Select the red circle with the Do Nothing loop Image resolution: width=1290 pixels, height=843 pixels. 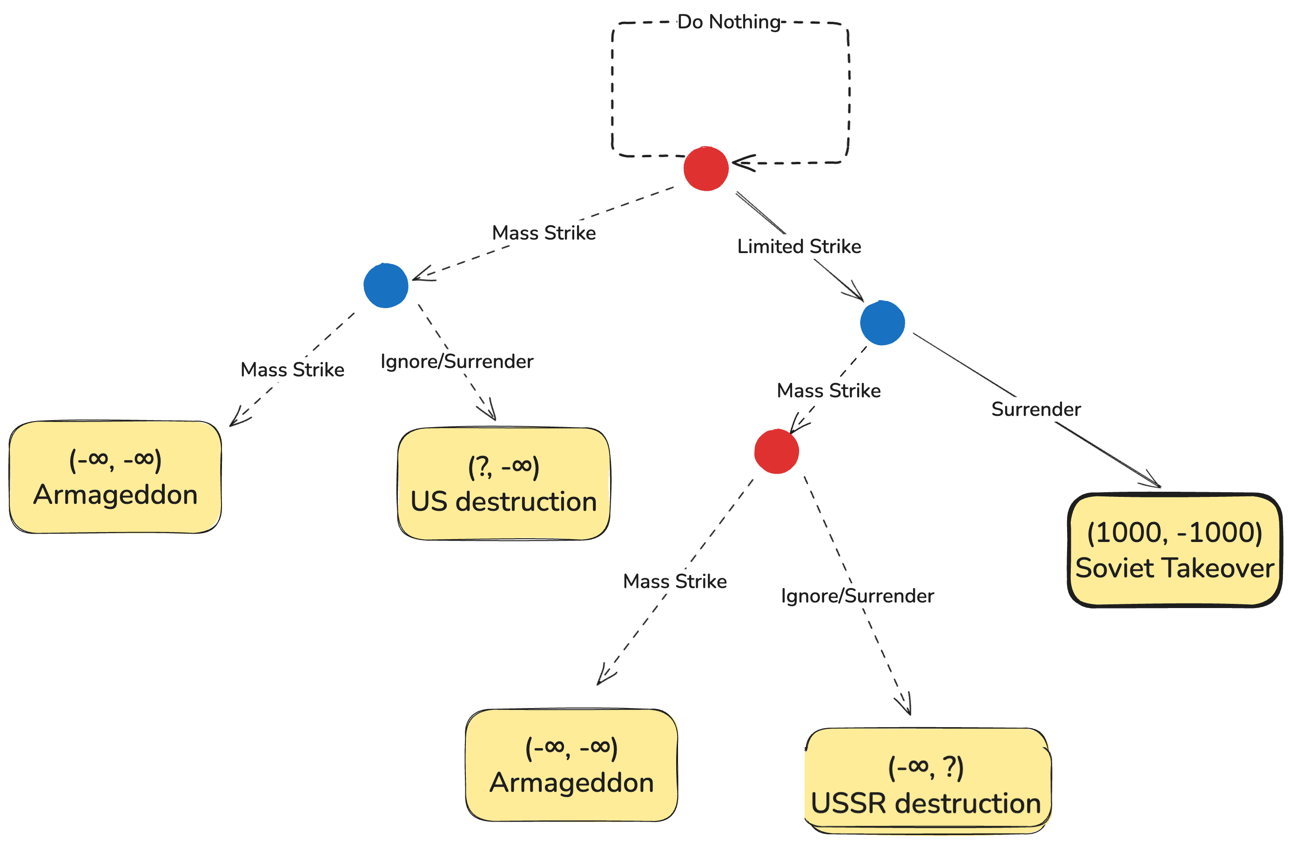click(x=705, y=168)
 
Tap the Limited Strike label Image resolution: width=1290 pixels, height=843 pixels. click(x=799, y=247)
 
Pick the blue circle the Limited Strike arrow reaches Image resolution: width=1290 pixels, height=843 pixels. click(x=882, y=323)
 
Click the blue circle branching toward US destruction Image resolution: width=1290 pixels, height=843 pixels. click(x=386, y=286)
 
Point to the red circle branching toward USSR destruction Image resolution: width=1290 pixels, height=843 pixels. click(x=776, y=451)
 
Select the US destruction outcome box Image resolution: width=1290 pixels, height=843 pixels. click(x=504, y=484)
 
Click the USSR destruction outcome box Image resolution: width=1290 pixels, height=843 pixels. click(x=927, y=780)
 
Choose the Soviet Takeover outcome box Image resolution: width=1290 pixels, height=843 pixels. click(x=1174, y=550)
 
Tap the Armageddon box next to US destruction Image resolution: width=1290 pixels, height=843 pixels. click(x=115, y=477)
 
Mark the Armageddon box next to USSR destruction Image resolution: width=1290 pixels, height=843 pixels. click(x=571, y=765)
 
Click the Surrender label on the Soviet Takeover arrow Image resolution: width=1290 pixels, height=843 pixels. click(x=1036, y=409)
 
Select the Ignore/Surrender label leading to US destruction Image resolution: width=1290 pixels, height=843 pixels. click(x=457, y=361)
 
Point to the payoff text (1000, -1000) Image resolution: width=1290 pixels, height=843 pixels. click(x=1175, y=533)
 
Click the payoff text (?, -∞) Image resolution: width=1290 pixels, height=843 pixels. click(x=504, y=467)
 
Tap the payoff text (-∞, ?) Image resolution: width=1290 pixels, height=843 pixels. click(x=926, y=767)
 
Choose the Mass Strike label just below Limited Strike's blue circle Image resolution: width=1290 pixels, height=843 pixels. click(x=829, y=391)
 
